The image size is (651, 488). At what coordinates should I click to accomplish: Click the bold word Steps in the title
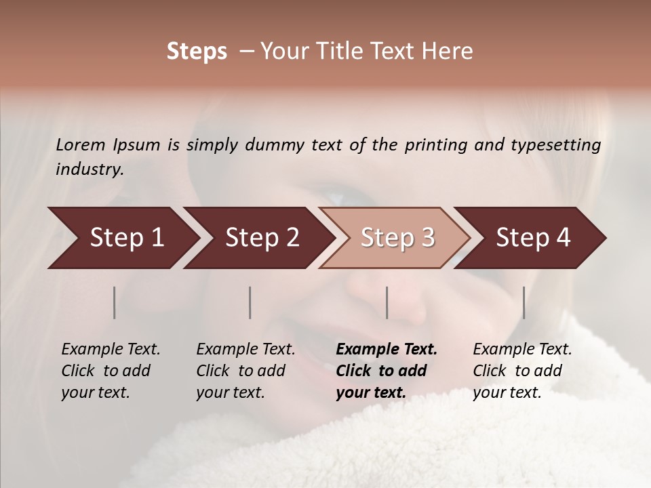point(197,52)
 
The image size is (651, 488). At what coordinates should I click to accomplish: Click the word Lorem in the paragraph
point(81,144)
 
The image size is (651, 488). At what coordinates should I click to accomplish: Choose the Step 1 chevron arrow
point(122,238)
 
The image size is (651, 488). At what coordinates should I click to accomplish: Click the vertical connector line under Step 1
point(115,302)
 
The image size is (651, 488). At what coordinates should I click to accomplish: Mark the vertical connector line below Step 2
point(250,302)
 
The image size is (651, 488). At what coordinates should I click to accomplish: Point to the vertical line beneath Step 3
point(387,302)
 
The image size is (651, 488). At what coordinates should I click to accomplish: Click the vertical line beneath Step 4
point(524,302)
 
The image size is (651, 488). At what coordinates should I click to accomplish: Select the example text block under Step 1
point(111,371)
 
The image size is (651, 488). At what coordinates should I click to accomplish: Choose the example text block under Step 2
point(245,371)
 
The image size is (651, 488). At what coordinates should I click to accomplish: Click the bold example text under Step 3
point(387,371)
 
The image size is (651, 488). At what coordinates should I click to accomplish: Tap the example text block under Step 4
point(522,371)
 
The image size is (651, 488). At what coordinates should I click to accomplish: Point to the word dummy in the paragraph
point(276,144)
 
